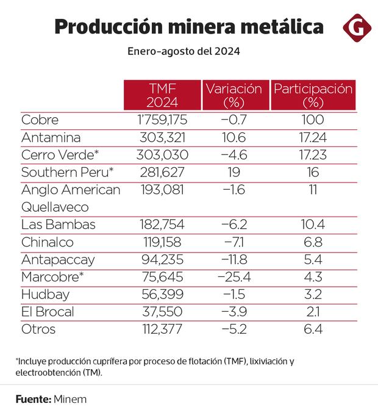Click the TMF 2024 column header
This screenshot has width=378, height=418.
point(162,95)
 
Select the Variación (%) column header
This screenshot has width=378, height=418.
point(234,95)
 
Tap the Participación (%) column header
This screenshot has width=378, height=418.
point(313,95)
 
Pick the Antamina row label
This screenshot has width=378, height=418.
point(51,137)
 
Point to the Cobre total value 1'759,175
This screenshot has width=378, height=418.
point(162,120)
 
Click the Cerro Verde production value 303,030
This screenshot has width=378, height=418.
point(162,155)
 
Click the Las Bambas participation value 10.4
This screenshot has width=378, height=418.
point(312,225)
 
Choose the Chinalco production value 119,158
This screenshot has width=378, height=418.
point(162,242)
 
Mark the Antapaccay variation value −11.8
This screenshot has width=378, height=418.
point(234,259)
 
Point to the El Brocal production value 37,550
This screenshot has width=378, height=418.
point(162,312)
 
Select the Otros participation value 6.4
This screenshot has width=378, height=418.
point(312,330)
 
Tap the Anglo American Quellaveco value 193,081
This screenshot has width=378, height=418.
point(162,190)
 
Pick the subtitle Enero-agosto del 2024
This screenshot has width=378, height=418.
point(184,52)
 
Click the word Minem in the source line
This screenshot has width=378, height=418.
point(70,400)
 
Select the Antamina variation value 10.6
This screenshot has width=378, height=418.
point(234,137)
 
